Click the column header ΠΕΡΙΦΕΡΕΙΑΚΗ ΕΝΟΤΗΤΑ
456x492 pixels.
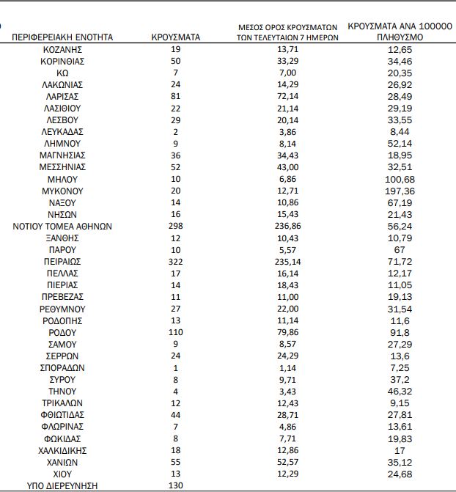(62, 37)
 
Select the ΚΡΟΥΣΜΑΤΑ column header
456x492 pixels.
(175, 37)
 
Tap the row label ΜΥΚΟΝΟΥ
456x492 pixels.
(62, 191)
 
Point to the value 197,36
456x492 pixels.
(400, 191)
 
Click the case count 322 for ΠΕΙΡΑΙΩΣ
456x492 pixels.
(175, 261)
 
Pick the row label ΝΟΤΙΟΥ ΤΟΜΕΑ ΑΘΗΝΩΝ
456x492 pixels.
(62, 226)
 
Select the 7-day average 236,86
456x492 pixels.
(287, 226)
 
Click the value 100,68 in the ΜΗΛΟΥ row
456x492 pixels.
(400, 179)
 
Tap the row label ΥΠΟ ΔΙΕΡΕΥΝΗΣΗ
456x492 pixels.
(62, 485)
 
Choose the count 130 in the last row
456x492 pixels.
(175, 485)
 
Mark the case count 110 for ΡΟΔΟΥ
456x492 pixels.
(175, 332)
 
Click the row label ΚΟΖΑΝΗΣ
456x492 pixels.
(62, 48)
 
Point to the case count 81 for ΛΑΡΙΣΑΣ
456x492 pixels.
(175, 96)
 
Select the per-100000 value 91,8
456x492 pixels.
(400, 332)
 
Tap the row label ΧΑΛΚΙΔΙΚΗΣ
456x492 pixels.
(62, 450)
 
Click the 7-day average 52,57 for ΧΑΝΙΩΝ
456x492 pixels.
(287, 462)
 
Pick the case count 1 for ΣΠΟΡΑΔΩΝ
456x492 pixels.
(175, 367)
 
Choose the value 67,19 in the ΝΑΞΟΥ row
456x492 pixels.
(400, 202)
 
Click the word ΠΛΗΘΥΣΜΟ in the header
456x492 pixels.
(400, 37)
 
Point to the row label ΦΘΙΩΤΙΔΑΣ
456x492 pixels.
(62, 414)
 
